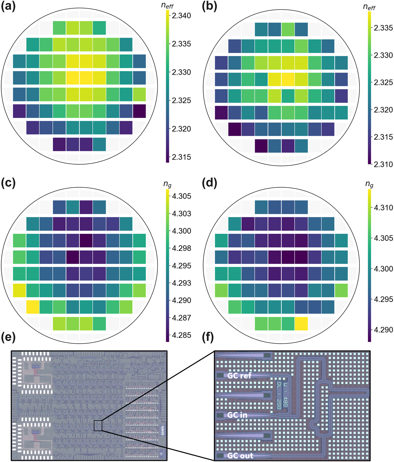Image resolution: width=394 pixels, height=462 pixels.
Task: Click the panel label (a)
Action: point(8,7)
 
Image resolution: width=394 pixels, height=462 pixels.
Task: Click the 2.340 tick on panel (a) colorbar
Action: point(181,16)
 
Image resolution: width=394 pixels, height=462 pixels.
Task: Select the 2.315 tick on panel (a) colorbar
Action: point(181,157)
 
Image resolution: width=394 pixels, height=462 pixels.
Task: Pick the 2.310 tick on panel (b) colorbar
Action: point(383,164)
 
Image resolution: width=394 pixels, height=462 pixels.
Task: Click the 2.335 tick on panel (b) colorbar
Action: point(383,28)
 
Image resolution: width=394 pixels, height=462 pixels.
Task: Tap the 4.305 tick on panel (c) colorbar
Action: point(181,196)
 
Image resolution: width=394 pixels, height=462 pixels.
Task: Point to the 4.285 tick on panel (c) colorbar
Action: point(181,335)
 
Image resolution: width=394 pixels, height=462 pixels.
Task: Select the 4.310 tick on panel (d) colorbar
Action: point(383,208)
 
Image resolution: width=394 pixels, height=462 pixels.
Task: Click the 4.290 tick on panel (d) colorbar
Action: point(383,330)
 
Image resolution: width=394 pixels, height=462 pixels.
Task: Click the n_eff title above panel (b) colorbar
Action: point(369,7)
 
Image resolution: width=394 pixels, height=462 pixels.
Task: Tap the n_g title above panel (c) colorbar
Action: point(168,184)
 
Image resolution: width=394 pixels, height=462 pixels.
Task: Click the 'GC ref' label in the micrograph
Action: point(239,376)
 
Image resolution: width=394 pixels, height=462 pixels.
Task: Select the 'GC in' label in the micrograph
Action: point(237,415)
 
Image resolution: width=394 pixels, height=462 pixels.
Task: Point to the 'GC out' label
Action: point(240,455)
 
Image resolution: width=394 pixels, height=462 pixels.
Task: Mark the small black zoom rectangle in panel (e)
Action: point(98,426)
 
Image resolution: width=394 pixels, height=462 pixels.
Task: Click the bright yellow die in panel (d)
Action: point(301,323)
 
